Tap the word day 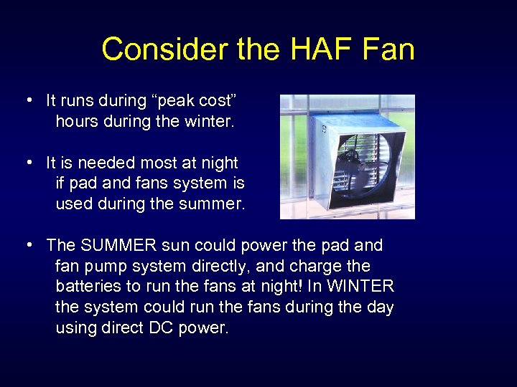380,307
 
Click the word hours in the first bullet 75,122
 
